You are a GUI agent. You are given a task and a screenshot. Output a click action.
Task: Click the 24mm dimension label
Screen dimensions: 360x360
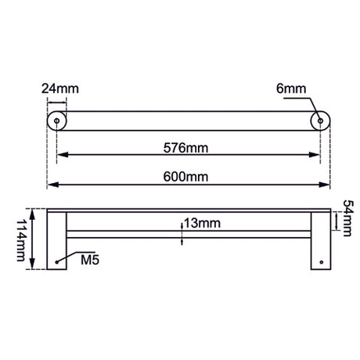[60, 88]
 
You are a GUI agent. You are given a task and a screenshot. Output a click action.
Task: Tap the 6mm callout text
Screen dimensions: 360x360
[291, 88]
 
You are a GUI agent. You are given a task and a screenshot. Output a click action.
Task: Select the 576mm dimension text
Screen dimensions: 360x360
[185, 148]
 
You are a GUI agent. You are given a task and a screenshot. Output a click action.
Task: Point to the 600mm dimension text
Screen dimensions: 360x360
[185, 177]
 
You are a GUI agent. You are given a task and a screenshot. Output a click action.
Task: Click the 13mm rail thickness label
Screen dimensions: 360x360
[203, 223]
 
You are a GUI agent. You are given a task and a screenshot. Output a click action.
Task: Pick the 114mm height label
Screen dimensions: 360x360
[21, 240]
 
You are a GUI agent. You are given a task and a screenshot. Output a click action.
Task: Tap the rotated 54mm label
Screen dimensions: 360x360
[347, 218]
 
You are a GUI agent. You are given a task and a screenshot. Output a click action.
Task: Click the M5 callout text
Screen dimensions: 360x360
[90, 260]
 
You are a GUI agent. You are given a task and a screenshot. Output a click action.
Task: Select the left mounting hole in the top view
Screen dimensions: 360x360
[56, 121]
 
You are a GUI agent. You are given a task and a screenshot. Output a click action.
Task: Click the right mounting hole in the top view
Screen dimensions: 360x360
[320, 121]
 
